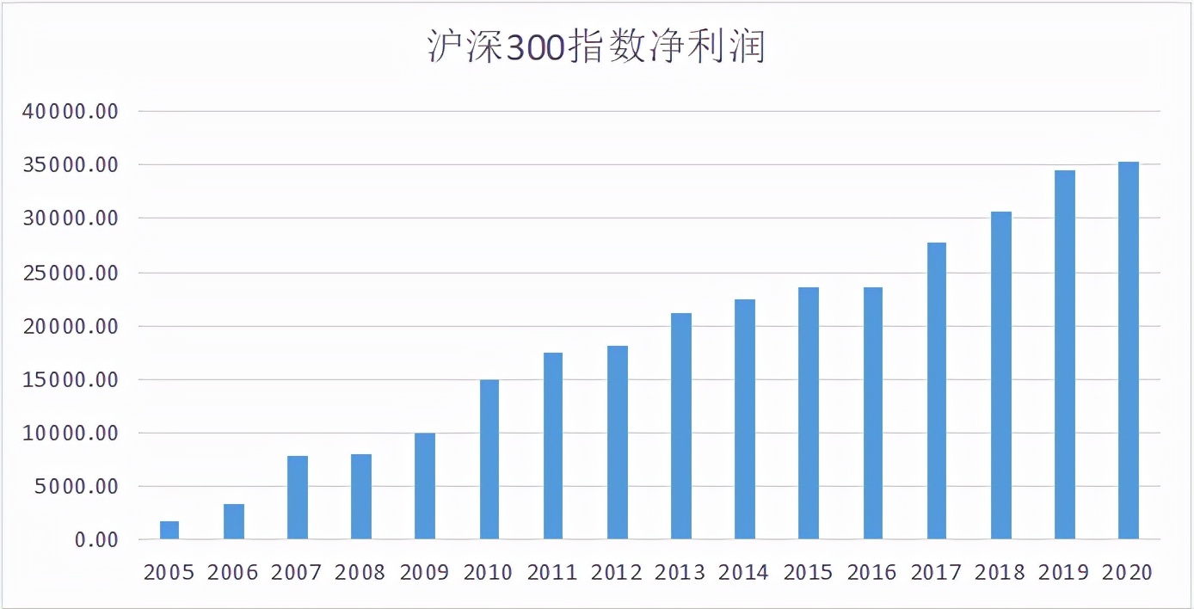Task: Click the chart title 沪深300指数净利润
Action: (596, 48)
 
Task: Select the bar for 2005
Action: (169, 530)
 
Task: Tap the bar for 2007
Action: (298, 497)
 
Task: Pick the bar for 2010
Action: (489, 459)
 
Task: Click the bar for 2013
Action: (680, 426)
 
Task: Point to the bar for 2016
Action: (872, 413)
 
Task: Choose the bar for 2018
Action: (1000, 375)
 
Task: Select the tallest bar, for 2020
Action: (1128, 350)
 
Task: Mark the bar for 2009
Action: (425, 486)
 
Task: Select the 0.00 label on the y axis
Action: (95, 540)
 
